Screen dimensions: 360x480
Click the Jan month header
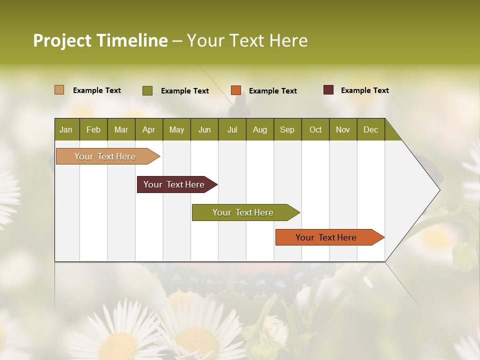point(66,129)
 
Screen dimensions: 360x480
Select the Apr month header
point(148,129)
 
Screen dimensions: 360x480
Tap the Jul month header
point(232,129)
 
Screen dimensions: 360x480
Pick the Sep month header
point(287,129)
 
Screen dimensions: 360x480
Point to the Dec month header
point(370,129)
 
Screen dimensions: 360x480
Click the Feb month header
point(93,129)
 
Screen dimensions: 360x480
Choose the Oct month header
point(315,129)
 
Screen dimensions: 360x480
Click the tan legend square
point(59,90)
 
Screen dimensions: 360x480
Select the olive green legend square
point(147,90)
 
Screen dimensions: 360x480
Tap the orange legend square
point(236,90)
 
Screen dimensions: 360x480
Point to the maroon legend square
point(328,90)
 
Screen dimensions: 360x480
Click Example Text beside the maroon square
point(364,90)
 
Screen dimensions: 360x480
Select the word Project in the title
point(62,40)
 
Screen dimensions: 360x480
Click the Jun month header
point(204,129)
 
